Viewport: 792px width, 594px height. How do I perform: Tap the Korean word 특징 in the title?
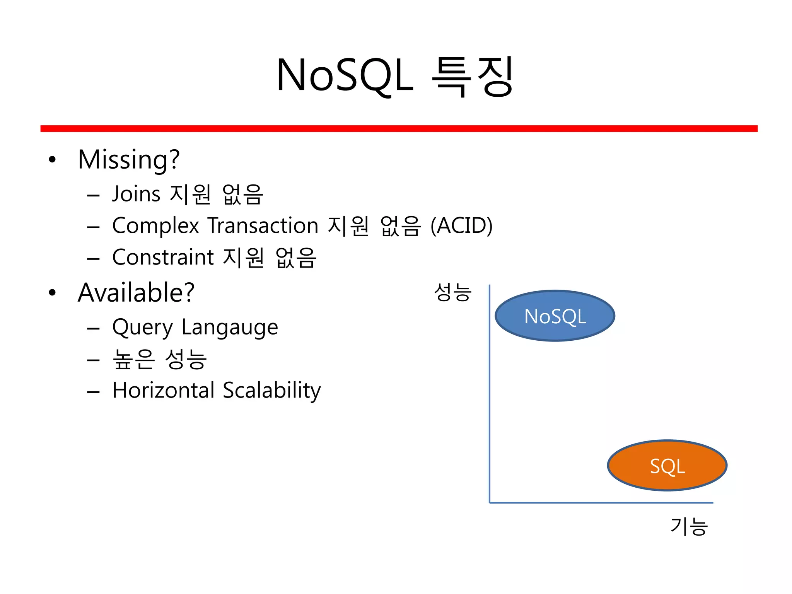pos(473,75)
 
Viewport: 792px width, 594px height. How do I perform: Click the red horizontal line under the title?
pos(398,128)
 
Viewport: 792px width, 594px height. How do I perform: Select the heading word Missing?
pos(129,159)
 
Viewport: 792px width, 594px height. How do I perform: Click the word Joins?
pos(136,194)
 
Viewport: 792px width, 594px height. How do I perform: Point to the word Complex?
pos(155,225)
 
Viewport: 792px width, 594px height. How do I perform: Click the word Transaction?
pos(263,225)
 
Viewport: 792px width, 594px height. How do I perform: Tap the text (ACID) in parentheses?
pos(461,225)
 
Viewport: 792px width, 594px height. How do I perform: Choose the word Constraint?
pos(163,257)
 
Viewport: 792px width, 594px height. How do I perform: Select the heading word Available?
pos(136,292)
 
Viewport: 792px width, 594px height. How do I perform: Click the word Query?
pos(142,328)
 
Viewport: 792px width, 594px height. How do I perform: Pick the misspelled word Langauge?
pos(230,328)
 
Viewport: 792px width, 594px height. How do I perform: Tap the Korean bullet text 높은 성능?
pos(160,359)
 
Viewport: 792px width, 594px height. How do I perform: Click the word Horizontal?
pos(164,390)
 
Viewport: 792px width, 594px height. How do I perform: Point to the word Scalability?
pos(272,390)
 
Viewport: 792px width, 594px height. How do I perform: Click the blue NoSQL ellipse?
pos(555,316)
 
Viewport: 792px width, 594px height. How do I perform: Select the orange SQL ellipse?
pos(667,466)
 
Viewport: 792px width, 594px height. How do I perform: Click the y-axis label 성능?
pos(452,292)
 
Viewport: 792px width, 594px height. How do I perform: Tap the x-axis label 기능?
pos(689,527)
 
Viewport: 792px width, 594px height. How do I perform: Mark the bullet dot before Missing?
pos(52,160)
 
